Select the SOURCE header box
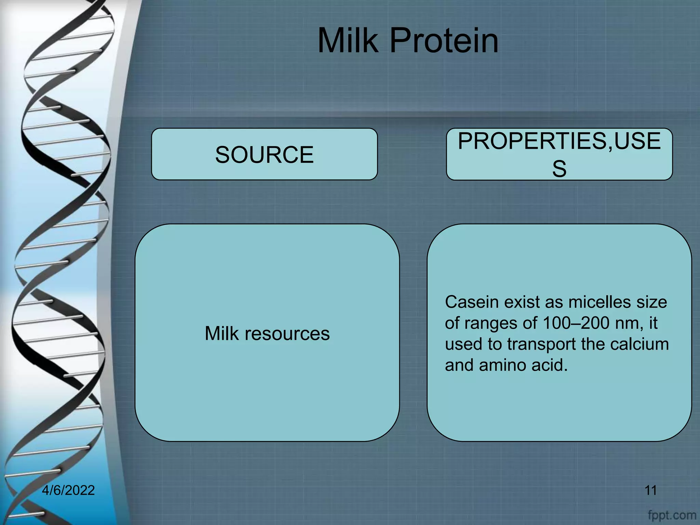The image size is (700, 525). tap(264, 154)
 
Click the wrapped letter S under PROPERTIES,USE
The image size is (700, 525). tap(559, 169)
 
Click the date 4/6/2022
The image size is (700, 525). tap(68, 490)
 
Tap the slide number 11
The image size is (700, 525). tap(650, 490)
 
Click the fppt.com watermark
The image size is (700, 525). tap(672, 514)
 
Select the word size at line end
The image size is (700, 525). tap(652, 302)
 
